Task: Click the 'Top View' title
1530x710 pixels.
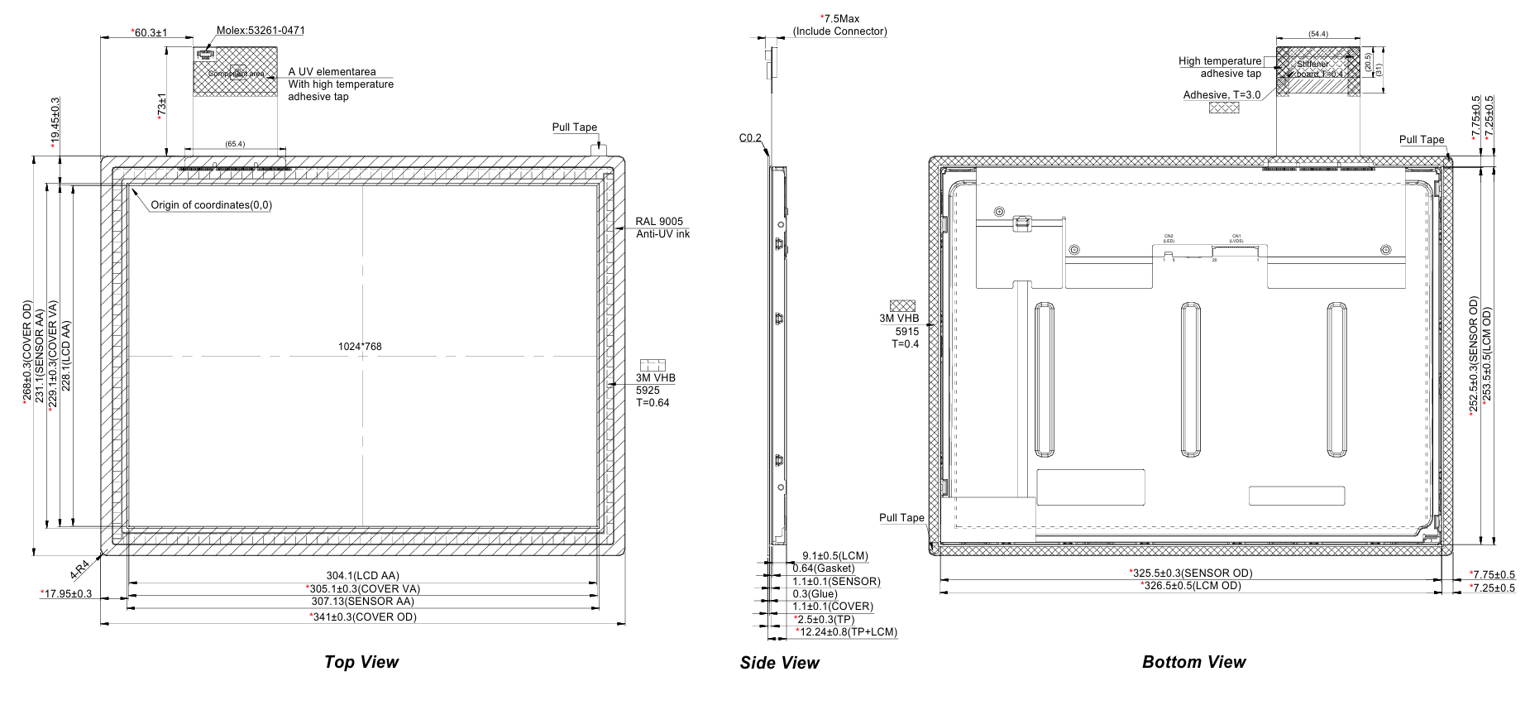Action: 361,662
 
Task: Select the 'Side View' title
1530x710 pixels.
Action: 779,663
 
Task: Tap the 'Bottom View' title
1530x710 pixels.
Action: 1193,662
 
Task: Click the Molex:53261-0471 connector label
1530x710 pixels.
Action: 249,31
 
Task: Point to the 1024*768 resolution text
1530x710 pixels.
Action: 360,347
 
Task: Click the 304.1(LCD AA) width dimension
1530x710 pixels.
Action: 362,576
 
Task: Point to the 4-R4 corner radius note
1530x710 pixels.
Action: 80,568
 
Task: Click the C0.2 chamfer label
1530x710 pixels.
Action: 750,138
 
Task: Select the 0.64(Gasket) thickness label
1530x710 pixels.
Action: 824,568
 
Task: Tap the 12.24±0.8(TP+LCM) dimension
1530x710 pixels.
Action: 846,632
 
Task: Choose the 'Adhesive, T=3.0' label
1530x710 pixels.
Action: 1222,95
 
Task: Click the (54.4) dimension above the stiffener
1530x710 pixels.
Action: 1318,34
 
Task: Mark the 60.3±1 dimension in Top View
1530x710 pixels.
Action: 150,32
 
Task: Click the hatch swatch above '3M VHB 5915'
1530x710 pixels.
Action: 904,305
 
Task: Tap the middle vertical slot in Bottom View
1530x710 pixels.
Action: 1191,379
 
